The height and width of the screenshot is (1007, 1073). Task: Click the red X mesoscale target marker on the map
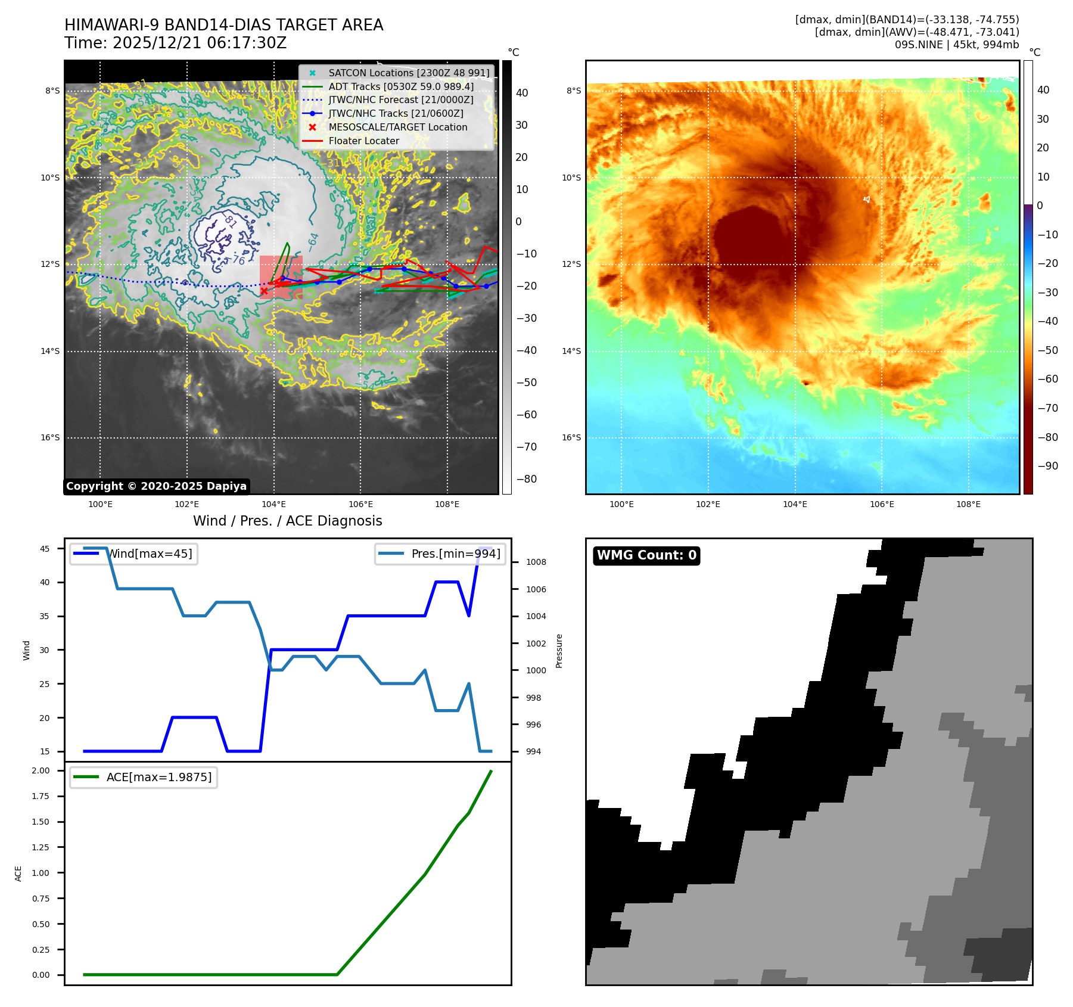coord(263,291)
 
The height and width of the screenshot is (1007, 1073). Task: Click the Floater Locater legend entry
coord(363,141)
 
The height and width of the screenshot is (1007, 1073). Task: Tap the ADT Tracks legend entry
coord(401,86)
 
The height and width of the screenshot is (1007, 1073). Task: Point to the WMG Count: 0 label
coord(646,555)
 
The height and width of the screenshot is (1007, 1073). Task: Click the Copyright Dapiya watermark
coord(156,486)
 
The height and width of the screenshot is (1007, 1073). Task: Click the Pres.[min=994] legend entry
coord(440,554)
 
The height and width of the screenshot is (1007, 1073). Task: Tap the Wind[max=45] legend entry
coord(134,554)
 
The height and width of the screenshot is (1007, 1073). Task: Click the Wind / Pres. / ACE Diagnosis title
coord(287,521)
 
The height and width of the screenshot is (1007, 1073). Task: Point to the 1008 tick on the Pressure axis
coord(536,562)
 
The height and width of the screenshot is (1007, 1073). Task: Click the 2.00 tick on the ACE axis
coord(41,770)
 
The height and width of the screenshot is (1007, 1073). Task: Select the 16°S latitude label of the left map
coord(50,437)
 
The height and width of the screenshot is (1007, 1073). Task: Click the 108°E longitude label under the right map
coord(968,504)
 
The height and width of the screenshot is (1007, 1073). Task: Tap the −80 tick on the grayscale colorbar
coord(526,479)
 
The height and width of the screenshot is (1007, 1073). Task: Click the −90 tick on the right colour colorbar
coord(1047,466)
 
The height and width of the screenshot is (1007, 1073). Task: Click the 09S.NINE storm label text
coord(919,45)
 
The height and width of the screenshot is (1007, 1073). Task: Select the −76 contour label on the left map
coord(238,260)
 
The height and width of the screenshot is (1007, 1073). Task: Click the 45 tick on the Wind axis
coord(45,549)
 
